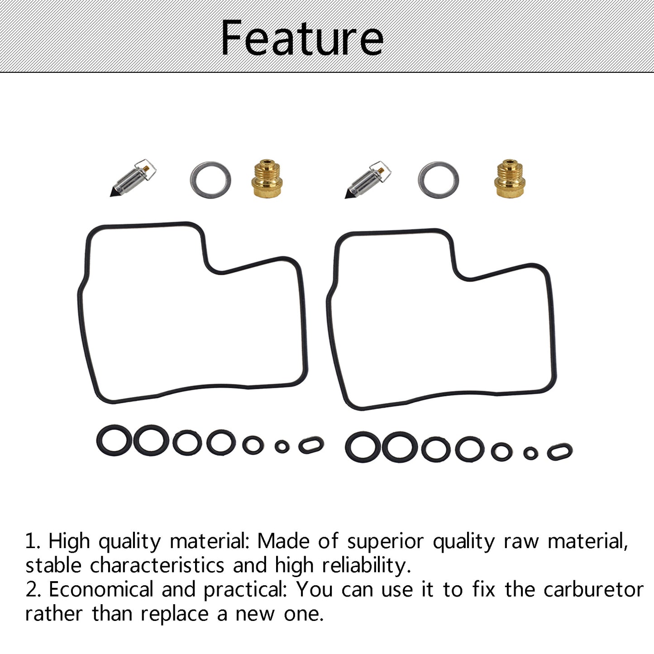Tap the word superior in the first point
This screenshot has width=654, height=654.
(386, 542)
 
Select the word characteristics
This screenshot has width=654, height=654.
(158, 566)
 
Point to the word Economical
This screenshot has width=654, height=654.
(101, 590)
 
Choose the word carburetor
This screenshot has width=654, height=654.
(594, 590)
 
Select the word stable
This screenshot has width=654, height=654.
(53, 566)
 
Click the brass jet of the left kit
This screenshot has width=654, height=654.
(267, 178)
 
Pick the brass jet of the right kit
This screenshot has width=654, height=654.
(510, 178)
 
